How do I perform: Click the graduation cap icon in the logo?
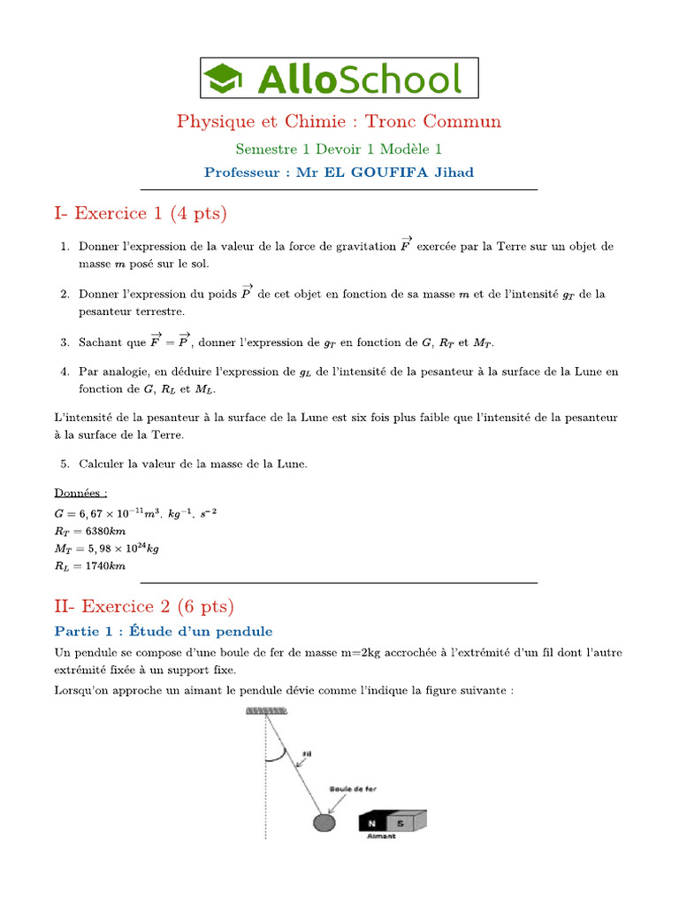pyautogui.click(x=226, y=78)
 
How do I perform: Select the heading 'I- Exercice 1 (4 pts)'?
pyautogui.click(x=141, y=213)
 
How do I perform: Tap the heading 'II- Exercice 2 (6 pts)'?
pyautogui.click(x=144, y=606)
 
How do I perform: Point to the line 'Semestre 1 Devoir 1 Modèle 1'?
pyautogui.click(x=339, y=149)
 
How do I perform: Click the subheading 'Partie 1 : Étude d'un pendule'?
pyautogui.click(x=164, y=631)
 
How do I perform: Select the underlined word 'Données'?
pyautogui.click(x=80, y=493)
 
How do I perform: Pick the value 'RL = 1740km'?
pyautogui.click(x=90, y=565)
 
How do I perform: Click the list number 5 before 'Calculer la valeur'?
pyautogui.click(x=65, y=464)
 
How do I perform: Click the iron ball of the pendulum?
pyautogui.click(x=324, y=822)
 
